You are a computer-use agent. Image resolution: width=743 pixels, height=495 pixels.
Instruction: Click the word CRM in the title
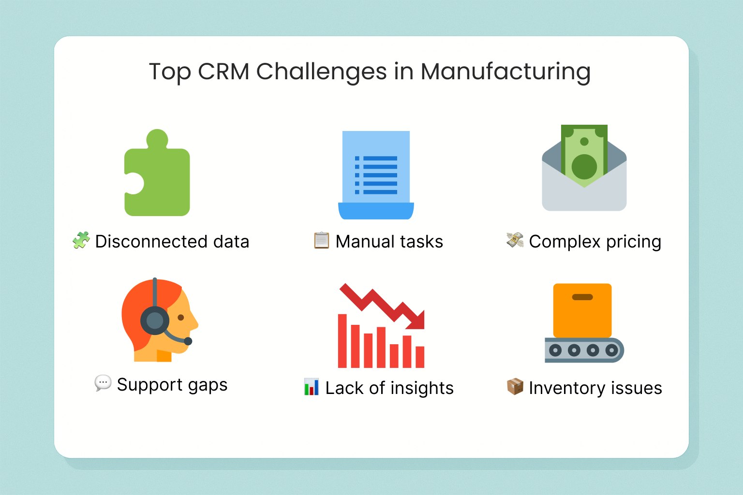pos(223,72)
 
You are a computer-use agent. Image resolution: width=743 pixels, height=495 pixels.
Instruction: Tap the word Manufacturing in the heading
pos(505,73)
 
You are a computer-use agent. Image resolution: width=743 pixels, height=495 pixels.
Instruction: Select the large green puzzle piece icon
pos(157,173)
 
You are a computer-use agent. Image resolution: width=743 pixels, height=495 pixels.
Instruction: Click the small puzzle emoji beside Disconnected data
pos(81,240)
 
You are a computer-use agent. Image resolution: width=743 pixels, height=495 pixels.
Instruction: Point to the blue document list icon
pos(376,175)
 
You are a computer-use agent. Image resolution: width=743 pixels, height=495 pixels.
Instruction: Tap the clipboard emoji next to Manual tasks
pos(321,240)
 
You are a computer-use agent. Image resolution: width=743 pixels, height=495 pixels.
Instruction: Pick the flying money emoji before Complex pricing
pos(515,240)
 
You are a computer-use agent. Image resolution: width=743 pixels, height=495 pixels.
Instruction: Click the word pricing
pos(634,242)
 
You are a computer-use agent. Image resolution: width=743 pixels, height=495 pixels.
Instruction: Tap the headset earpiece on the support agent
pos(155,320)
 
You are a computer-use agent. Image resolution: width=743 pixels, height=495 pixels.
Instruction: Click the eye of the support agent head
pos(181,318)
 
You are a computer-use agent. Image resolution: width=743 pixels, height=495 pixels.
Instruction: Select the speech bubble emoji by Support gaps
pos(103,383)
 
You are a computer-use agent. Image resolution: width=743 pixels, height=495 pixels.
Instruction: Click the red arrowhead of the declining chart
pos(416,320)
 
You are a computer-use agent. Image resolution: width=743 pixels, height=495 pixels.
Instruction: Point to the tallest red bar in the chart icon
pos(342,341)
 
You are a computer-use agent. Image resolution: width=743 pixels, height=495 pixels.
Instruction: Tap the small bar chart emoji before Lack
pos(312,387)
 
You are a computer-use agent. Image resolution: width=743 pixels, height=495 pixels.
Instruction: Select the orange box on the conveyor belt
pos(582,310)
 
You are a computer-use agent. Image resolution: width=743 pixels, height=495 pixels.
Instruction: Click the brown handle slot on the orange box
pos(582,297)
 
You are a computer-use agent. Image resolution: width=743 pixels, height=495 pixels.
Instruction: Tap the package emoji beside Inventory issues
pos(515,387)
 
